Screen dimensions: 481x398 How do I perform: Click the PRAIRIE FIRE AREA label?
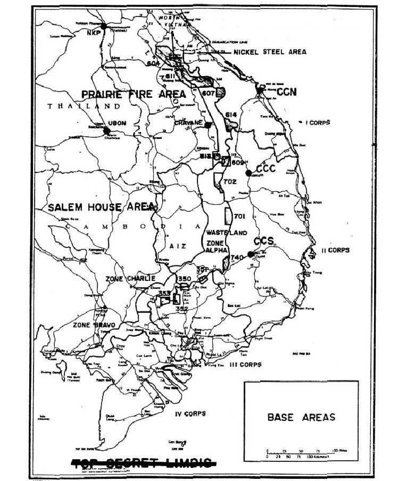pyautogui.click(x=134, y=94)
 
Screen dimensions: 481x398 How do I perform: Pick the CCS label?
pyautogui.click(x=263, y=240)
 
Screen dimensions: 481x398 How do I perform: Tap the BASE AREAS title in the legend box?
pyautogui.click(x=301, y=418)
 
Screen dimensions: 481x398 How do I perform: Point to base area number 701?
pyautogui.click(x=238, y=216)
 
